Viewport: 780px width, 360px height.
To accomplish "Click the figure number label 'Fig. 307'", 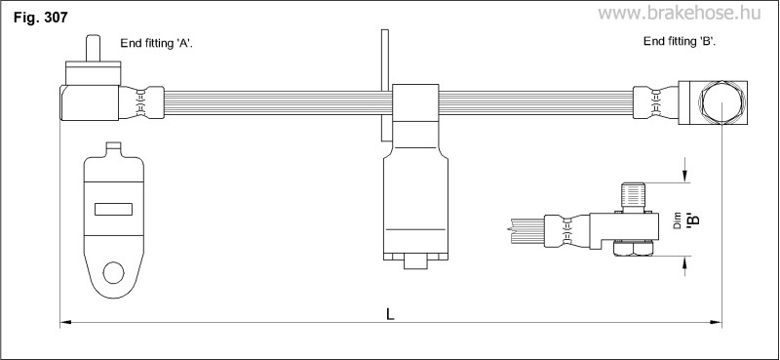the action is (x=40, y=18).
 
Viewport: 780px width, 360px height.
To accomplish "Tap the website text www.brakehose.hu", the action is (x=679, y=13).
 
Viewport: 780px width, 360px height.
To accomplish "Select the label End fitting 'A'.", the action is (x=157, y=43).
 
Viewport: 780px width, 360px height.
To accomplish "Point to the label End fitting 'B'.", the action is (x=680, y=41).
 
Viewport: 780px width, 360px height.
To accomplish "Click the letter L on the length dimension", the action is (x=391, y=314).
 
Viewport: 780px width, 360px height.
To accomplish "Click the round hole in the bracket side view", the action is (x=113, y=273).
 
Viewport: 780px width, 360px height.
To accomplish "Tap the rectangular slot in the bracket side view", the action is (x=113, y=210).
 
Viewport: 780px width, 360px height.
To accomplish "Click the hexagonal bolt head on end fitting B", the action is (x=722, y=102).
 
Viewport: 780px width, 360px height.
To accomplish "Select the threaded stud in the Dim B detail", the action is (x=634, y=197).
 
